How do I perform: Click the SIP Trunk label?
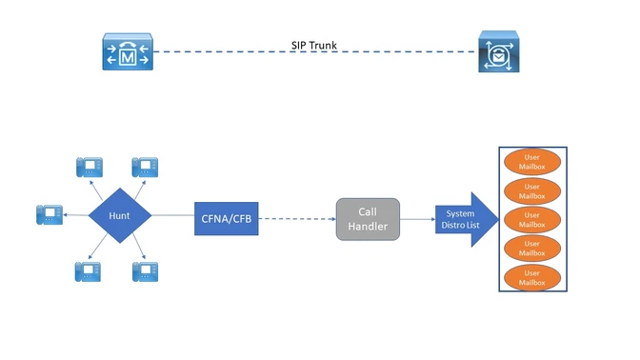(x=313, y=44)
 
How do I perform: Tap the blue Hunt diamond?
(x=120, y=216)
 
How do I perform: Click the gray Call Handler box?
(x=367, y=218)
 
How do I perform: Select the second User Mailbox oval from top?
(x=533, y=190)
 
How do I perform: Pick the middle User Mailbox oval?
(x=533, y=219)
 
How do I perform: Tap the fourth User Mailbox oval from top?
(x=533, y=249)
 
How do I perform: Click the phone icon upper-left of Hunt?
(x=89, y=167)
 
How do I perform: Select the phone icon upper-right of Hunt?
(x=145, y=167)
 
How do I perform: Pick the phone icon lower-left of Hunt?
(x=89, y=270)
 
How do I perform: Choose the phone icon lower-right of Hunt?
(x=145, y=270)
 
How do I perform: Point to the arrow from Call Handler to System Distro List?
(x=416, y=218)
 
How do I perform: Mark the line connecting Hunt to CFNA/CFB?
(x=173, y=216)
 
